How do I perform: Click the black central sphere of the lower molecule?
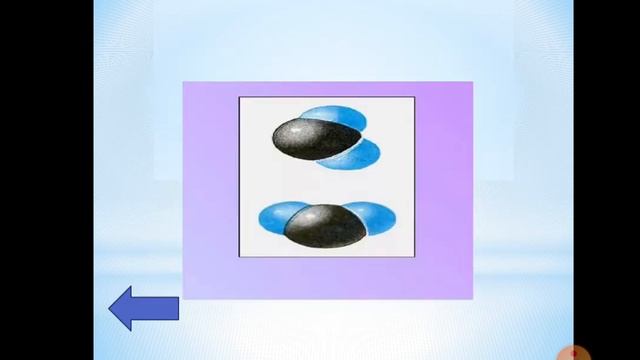click(x=323, y=225)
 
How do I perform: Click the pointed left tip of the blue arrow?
click(x=111, y=309)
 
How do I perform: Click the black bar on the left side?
click(x=46, y=180)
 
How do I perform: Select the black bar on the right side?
click(x=607, y=180)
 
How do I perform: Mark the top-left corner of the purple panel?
click(x=183, y=82)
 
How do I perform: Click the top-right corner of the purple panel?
click(x=472, y=82)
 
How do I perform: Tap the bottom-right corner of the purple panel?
click(x=472, y=298)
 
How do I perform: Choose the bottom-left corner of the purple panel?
click(x=183, y=298)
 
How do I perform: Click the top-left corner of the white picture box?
click(x=239, y=97)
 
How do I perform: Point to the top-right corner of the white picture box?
click(x=414, y=97)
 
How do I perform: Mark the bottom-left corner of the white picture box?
click(x=239, y=257)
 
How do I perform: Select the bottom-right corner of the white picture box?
click(x=414, y=257)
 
